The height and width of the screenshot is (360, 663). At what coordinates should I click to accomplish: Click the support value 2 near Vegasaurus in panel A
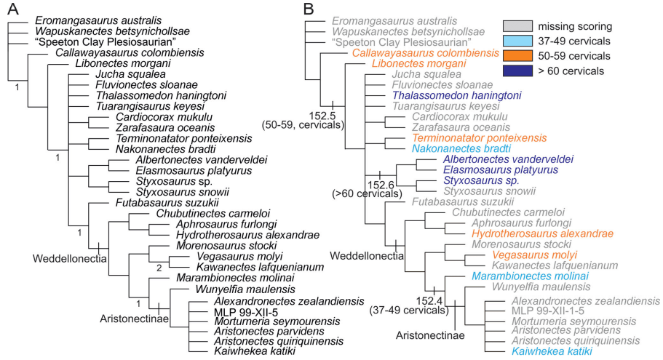[159, 268]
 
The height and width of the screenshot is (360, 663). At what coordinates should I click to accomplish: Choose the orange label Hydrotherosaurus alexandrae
[537, 234]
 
